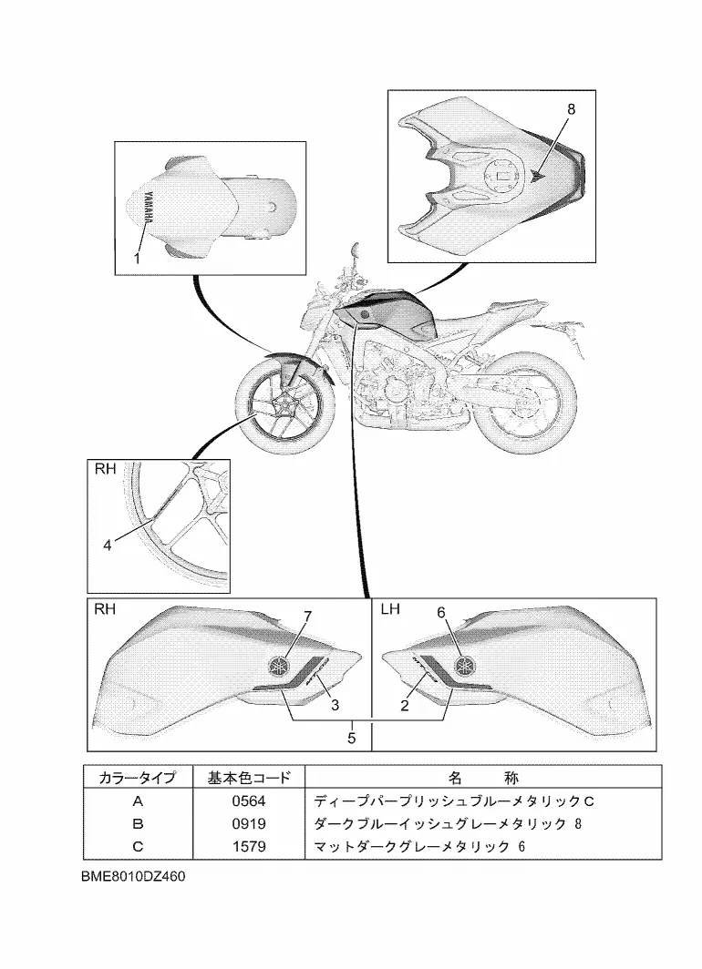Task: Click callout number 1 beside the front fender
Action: click(x=136, y=259)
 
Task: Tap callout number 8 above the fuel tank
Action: click(x=572, y=108)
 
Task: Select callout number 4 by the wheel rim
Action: click(x=107, y=546)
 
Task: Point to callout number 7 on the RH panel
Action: click(x=307, y=617)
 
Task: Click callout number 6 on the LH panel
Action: click(x=440, y=613)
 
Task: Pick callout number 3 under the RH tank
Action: click(x=335, y=704)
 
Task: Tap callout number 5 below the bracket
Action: click(x=352, y=738)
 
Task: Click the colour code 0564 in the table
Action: click(x=248, y=802)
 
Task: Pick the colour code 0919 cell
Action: click(x=248, y=824)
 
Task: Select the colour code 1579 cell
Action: click(x=248, y=847)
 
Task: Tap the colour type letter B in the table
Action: click(x=138, y=824)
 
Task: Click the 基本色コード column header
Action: click(x=248, y=778)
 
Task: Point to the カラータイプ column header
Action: click(x=138, y=778)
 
